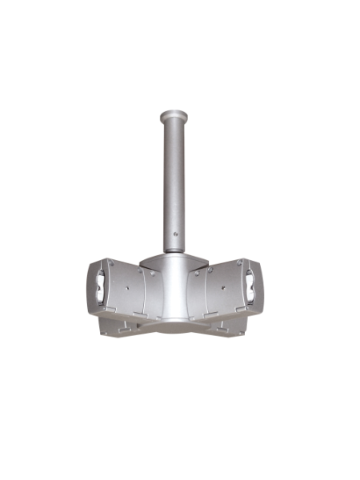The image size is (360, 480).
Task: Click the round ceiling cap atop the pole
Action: click(x=174, y=114)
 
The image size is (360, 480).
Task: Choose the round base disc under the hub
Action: click(x=173, y=326)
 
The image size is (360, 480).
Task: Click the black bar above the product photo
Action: click(x=180, y=30)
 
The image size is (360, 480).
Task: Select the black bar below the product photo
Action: click(x=180, y=450)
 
